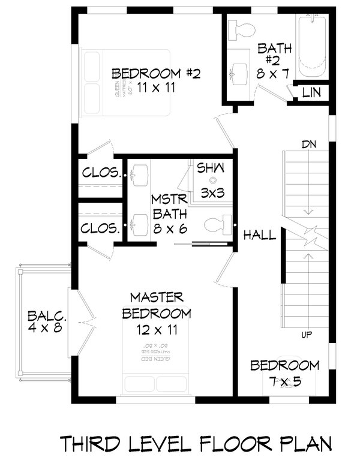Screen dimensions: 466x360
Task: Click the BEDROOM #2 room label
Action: (155, 74)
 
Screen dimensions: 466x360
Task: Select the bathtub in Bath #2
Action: (311, 43)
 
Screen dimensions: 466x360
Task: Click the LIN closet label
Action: (311, 92)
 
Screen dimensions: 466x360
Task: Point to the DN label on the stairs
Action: (309, 145)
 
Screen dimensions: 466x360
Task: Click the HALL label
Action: (260, 236)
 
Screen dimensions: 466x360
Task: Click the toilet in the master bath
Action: (217, 225)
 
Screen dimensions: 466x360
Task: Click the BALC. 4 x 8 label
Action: (46, 322)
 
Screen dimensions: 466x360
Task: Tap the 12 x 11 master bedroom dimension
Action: (156, 330)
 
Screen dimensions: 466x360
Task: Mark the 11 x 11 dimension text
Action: (155, 88)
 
